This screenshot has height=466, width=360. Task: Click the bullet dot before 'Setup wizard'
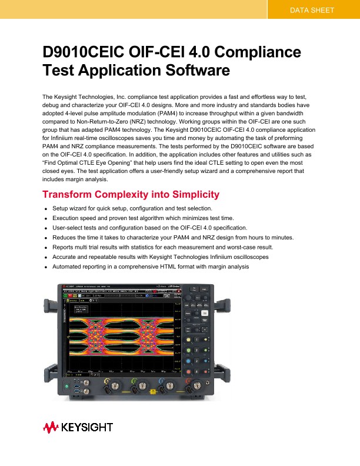tap(45, 209)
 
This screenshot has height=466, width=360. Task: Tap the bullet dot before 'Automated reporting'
tap(45, 267)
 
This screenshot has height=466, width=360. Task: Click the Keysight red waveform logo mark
tap(49, 427)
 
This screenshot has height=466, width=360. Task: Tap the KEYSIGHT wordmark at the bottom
tap(87, 427)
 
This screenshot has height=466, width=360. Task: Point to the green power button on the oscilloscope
tap(66, 386)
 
